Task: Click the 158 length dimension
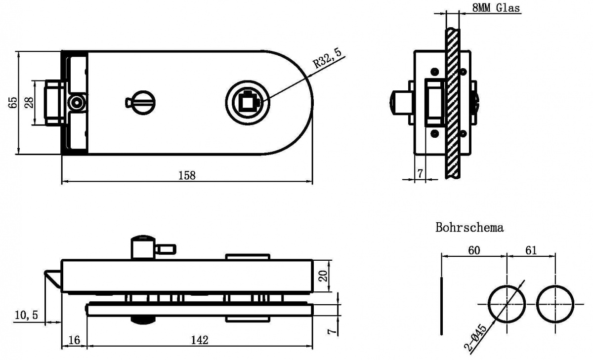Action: pos(187,175)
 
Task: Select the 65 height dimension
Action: pos(13,102)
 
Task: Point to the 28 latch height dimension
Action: pos(29,102)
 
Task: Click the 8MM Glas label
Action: pos(496,8)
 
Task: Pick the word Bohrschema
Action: pos(469,228)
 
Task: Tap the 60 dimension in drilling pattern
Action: pos(474,250)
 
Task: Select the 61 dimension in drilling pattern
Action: pos(531,250)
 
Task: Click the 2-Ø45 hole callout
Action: pos(476,338)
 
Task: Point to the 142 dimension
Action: pos(200,340)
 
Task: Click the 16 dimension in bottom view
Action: pos(74,340)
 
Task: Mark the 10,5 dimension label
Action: pos(26,315)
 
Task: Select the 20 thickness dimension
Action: pos(324,276)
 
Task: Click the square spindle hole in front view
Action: pos(247,102)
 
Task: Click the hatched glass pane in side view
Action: pos(453,103)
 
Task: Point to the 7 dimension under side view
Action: pos(420,173)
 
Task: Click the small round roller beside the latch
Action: pos(77,103)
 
